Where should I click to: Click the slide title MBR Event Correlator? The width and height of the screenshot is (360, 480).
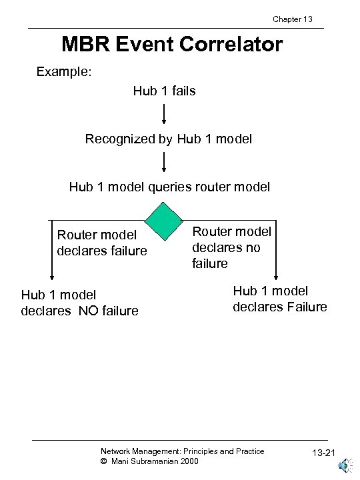coord(172,45)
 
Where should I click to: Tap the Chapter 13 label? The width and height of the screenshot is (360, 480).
coord(293,19)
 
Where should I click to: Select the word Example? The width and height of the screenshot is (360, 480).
coord(63,71)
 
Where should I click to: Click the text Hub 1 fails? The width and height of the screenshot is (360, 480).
coord(164,91)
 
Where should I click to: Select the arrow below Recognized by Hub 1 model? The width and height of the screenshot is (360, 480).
coord(164,162)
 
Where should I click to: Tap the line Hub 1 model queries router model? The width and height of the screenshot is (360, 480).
coord(169,187)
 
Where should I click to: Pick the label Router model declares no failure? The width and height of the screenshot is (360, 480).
coord(231,247)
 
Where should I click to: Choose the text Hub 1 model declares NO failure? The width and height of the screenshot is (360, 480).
coord(79,302)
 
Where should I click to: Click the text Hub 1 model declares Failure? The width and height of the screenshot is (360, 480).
coord(279,298)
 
